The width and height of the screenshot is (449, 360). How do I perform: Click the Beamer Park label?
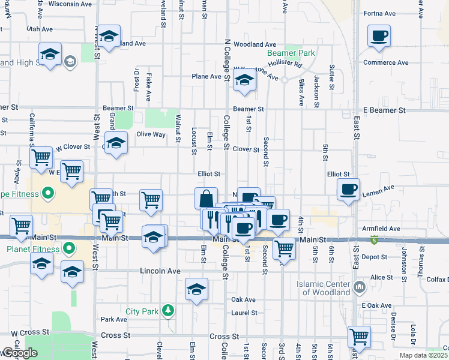(291, 53)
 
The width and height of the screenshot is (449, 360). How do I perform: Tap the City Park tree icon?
(170, 311)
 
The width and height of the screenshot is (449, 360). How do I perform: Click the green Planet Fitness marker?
(69, 248)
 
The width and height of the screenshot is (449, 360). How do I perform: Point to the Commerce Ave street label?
(385, 62)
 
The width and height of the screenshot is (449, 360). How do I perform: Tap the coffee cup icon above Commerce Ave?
(379, 37)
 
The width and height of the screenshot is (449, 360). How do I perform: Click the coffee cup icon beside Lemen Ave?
(348, 190)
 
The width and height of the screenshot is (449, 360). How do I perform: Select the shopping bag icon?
(206, 199)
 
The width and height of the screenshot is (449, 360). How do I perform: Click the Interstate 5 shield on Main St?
(375, 241)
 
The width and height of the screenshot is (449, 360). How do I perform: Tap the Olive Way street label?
(151, 134)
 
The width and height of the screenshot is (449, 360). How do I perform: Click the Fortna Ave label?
(382, 13)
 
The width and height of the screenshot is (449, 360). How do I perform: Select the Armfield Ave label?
(385, 229)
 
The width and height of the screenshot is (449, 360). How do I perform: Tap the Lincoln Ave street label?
(160, 271)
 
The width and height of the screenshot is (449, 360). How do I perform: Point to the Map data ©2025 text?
(424, 356)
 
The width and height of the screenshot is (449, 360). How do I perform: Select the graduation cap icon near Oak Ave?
(197, 290)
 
